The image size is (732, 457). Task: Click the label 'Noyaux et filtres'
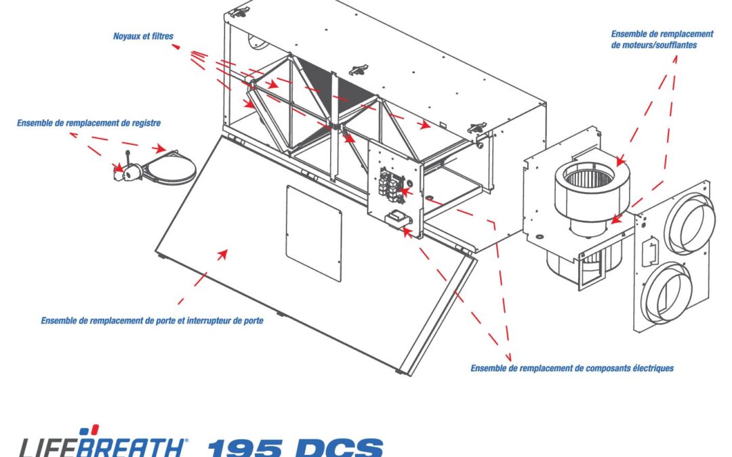(143, 36)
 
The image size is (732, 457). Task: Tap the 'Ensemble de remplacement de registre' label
(89, 123)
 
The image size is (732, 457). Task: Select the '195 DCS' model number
(295, 447)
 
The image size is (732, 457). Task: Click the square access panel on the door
(313, 233)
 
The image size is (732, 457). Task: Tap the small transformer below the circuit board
(397, 219)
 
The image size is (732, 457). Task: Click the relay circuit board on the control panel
(391, 187)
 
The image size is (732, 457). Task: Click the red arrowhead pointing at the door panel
(222, 255)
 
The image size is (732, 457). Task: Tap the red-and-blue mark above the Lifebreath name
(89, 430)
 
